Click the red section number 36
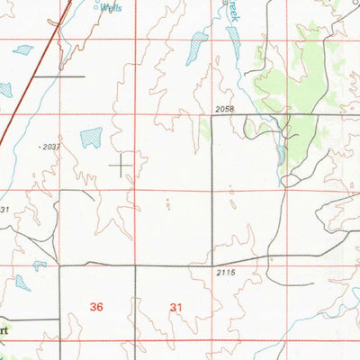97,307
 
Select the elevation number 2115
228,272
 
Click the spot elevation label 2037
53,145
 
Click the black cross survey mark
120,166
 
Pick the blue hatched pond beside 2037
91,137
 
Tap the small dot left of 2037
40,146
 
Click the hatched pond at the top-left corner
23,49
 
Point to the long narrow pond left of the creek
196,48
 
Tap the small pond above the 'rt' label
22,282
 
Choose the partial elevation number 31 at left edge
4,209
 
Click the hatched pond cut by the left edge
4,89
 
